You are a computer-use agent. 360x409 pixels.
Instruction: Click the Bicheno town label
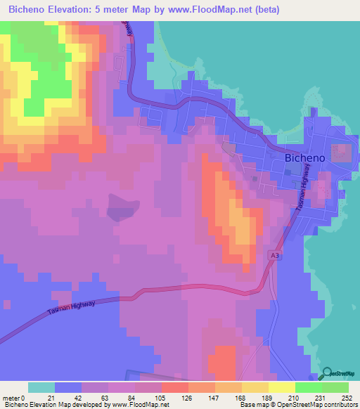tap(304, 159)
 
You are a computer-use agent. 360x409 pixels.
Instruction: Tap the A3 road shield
tap(275, 257)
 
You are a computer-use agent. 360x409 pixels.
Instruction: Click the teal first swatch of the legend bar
tap(41, 387)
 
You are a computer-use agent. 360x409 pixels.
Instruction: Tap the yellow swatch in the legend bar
tap(281, 387)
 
